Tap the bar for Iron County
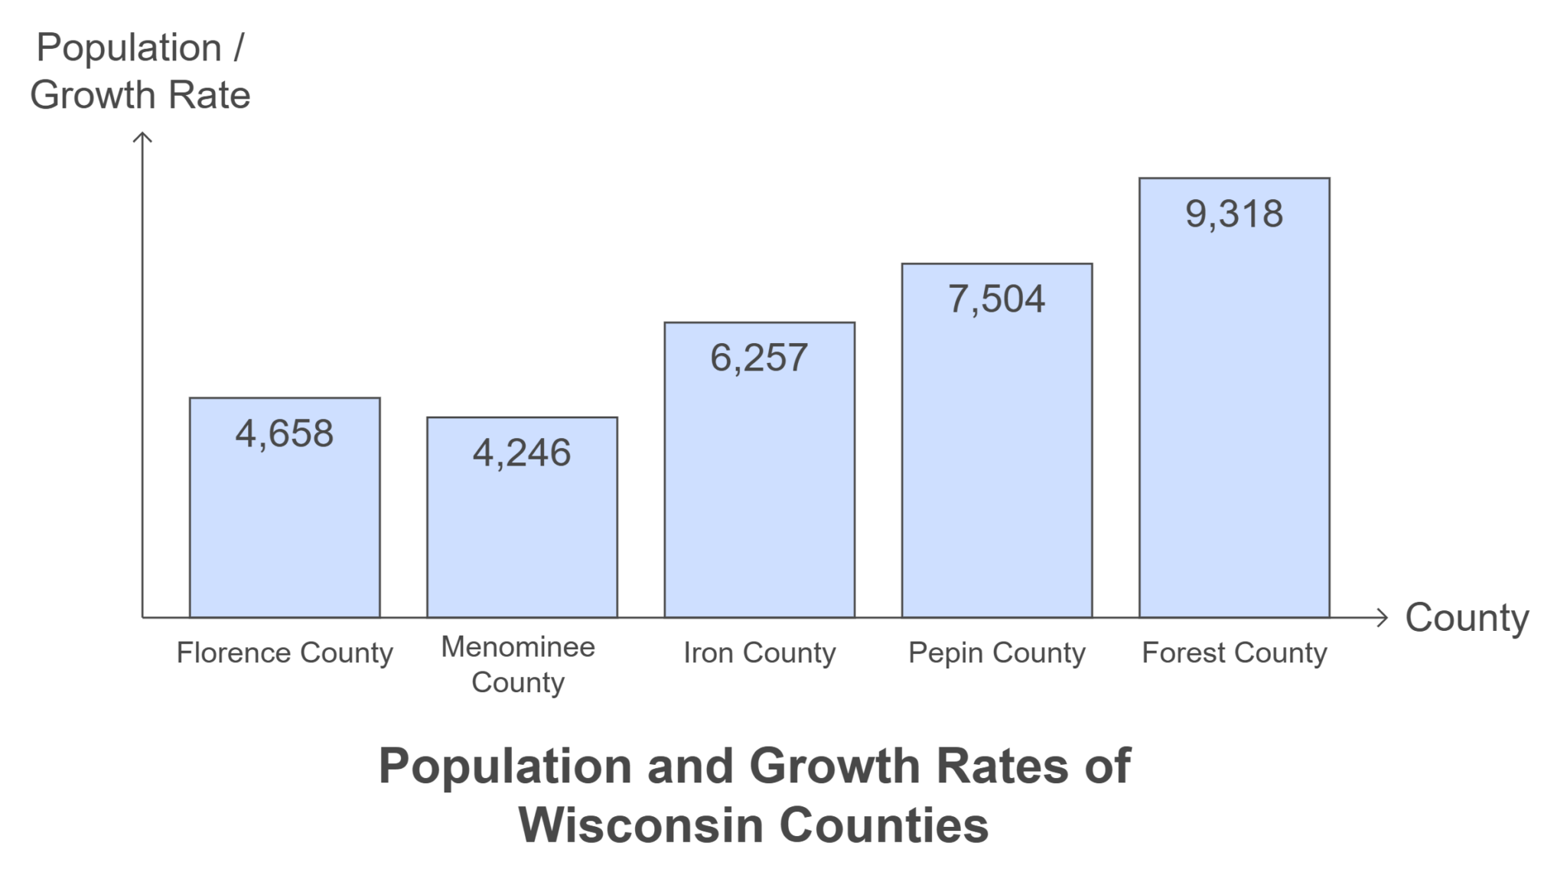click(x=759, y=490)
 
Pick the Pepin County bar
click(x=996, y=459)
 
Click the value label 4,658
click(x=285, y=433)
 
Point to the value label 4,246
click(x=522, y=453)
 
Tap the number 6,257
click(x=759, y=358)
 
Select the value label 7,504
click(x=996, y=299)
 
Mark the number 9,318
click(x=1233, y=214)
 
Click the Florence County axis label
click(x=285, y=653)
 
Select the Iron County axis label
click(x=759, y=653)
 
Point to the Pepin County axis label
click(x=996, y=653)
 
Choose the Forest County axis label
click(x=1233, y=653)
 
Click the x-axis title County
click(x=1467, y=618)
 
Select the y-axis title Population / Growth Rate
click(x=140, y=71)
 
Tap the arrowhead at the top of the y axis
click(x=142, y=137)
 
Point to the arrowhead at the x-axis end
click(x=1382, y=617)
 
